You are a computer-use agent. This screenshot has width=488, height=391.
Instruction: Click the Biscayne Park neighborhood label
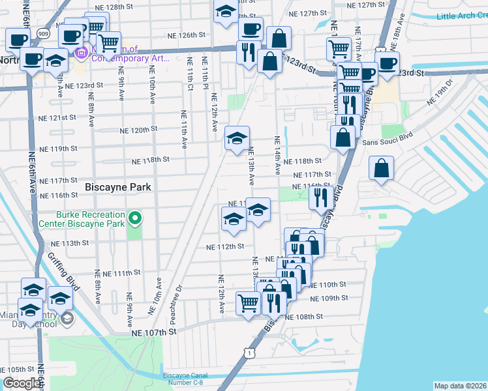118,187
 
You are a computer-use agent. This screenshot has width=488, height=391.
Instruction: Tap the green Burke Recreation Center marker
136,218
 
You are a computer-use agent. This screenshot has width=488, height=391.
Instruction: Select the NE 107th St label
154,332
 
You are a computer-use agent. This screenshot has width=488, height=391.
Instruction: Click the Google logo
22,384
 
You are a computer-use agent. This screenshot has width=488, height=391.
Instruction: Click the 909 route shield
42,32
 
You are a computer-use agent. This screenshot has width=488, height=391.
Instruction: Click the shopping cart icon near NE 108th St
248,302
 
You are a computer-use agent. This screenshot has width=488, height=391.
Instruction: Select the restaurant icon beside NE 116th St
320,196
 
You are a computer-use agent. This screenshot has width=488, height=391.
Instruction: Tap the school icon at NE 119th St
237,138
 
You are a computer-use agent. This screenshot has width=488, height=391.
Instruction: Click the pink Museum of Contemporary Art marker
82,52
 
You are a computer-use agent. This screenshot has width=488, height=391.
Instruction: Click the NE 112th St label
225,247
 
